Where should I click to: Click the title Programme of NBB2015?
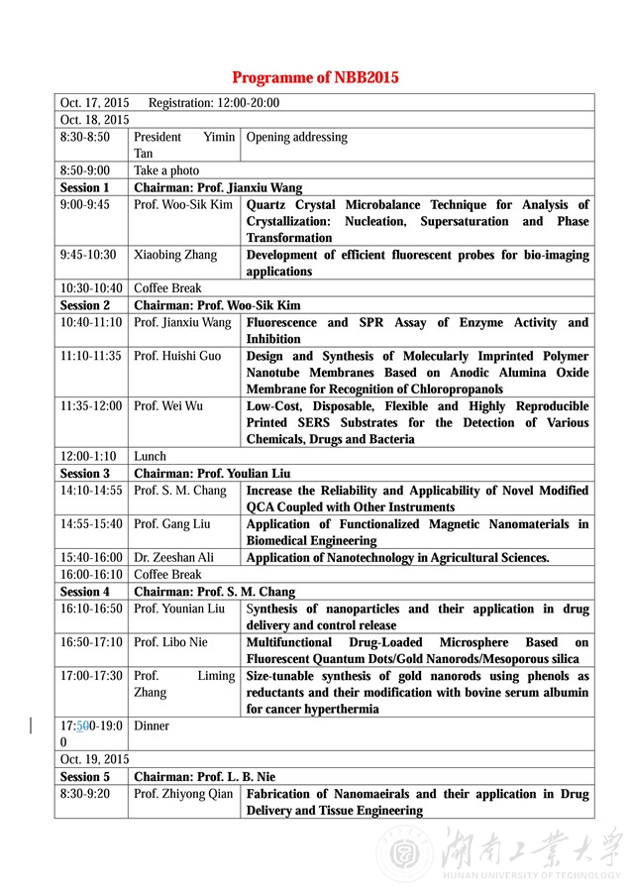315,77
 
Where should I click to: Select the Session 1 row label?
85,187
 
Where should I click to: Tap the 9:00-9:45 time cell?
85,204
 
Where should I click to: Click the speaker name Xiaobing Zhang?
175,255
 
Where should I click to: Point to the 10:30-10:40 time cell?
88,288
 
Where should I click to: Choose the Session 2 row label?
85,305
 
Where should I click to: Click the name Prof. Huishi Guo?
177,356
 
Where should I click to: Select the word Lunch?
150,457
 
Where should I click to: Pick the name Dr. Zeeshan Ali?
175,558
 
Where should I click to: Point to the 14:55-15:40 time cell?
91,524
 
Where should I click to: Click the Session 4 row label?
85,592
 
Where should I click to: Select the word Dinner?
152,725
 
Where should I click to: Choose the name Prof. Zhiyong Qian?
183,794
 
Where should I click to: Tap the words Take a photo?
166,170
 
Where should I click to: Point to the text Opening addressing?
296,137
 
